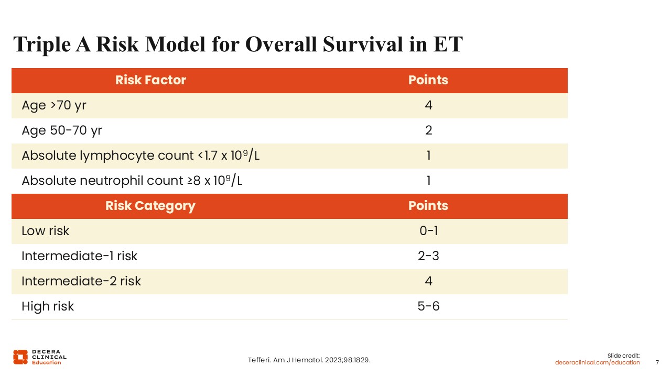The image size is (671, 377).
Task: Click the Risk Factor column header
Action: click(x=150, y=80)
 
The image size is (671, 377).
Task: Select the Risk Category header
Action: click(x=150, y=206)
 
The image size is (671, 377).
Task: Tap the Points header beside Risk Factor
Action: click(x=428, y=80)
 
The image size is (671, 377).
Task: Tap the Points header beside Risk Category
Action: click(x=428, y=206)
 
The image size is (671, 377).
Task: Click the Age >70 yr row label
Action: click(x=54, y=106)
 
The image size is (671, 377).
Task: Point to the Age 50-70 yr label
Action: click(x=62, y=131)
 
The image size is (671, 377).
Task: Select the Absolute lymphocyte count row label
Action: click(x=140, y=155)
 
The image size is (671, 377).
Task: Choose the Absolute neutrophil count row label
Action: click(x=132, y=180)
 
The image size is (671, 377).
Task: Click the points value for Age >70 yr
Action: click(x=428, y=105)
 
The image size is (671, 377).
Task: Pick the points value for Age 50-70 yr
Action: click(x=428, y=130)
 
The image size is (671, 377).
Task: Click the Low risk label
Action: click(x=45, y=231)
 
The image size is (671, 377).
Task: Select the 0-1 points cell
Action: click(x=428, y=231)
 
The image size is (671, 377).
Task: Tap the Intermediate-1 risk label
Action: click(x=79, y=256)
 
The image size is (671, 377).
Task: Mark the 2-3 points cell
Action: click(x=428, y=256)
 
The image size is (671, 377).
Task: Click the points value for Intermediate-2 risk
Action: click(x=428, y=281)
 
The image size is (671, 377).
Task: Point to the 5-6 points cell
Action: click(x=428, y=306)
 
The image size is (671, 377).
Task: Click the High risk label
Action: click(x=48, y=307)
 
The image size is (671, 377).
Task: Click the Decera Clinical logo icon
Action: click(x=20, y=357)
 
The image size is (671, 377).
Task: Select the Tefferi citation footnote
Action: click(x=309, y=360)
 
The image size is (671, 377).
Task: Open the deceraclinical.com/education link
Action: click(x=597, y=363)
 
